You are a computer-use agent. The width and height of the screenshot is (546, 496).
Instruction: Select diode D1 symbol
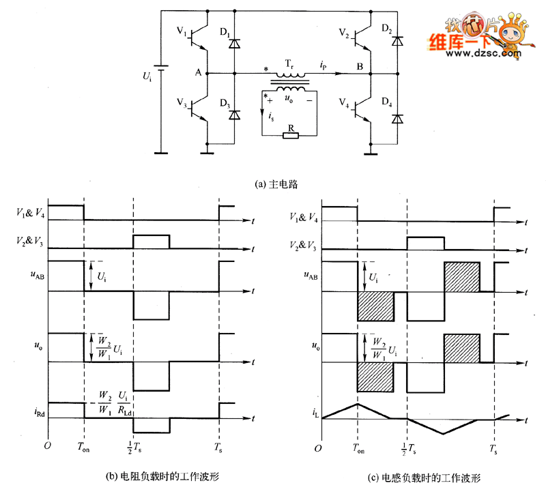tap(235, 44)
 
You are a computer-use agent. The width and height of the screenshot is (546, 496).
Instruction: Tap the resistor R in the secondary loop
tap(291, 135)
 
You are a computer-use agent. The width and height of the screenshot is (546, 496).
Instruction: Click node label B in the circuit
tap(360, 66)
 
